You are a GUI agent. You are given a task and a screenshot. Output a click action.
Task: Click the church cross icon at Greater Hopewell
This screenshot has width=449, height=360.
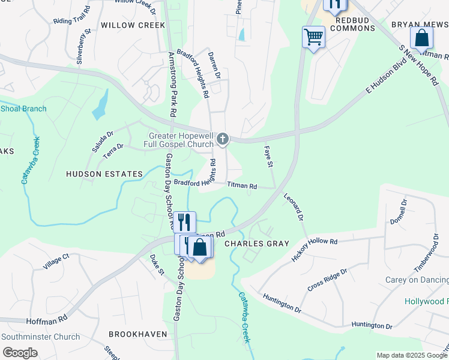(222, 140)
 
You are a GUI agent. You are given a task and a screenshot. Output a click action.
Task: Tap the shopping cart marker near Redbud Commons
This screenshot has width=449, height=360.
(313, 37)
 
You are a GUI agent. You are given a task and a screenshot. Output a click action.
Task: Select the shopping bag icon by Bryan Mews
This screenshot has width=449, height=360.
(422, 38)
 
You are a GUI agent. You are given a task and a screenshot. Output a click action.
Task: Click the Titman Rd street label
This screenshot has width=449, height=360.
(242, 187)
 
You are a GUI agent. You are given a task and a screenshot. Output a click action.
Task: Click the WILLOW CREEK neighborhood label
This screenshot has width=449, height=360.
(133, 25)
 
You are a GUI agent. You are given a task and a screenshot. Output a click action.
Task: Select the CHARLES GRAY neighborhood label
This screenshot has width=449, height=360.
(257, 244)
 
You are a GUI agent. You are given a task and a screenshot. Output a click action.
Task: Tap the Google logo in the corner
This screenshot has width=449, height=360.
(20, 353)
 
